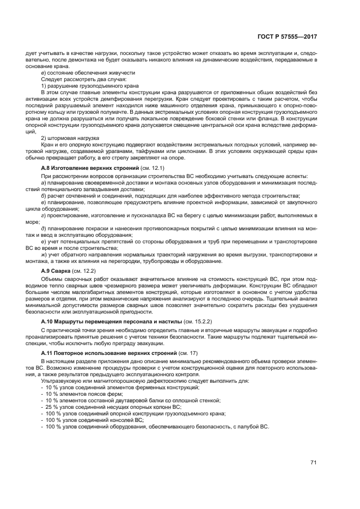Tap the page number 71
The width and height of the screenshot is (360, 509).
pyautogui.click(x=314, y=463)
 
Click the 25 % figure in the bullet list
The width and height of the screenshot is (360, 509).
pyautogui.click(x=52, y=407)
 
